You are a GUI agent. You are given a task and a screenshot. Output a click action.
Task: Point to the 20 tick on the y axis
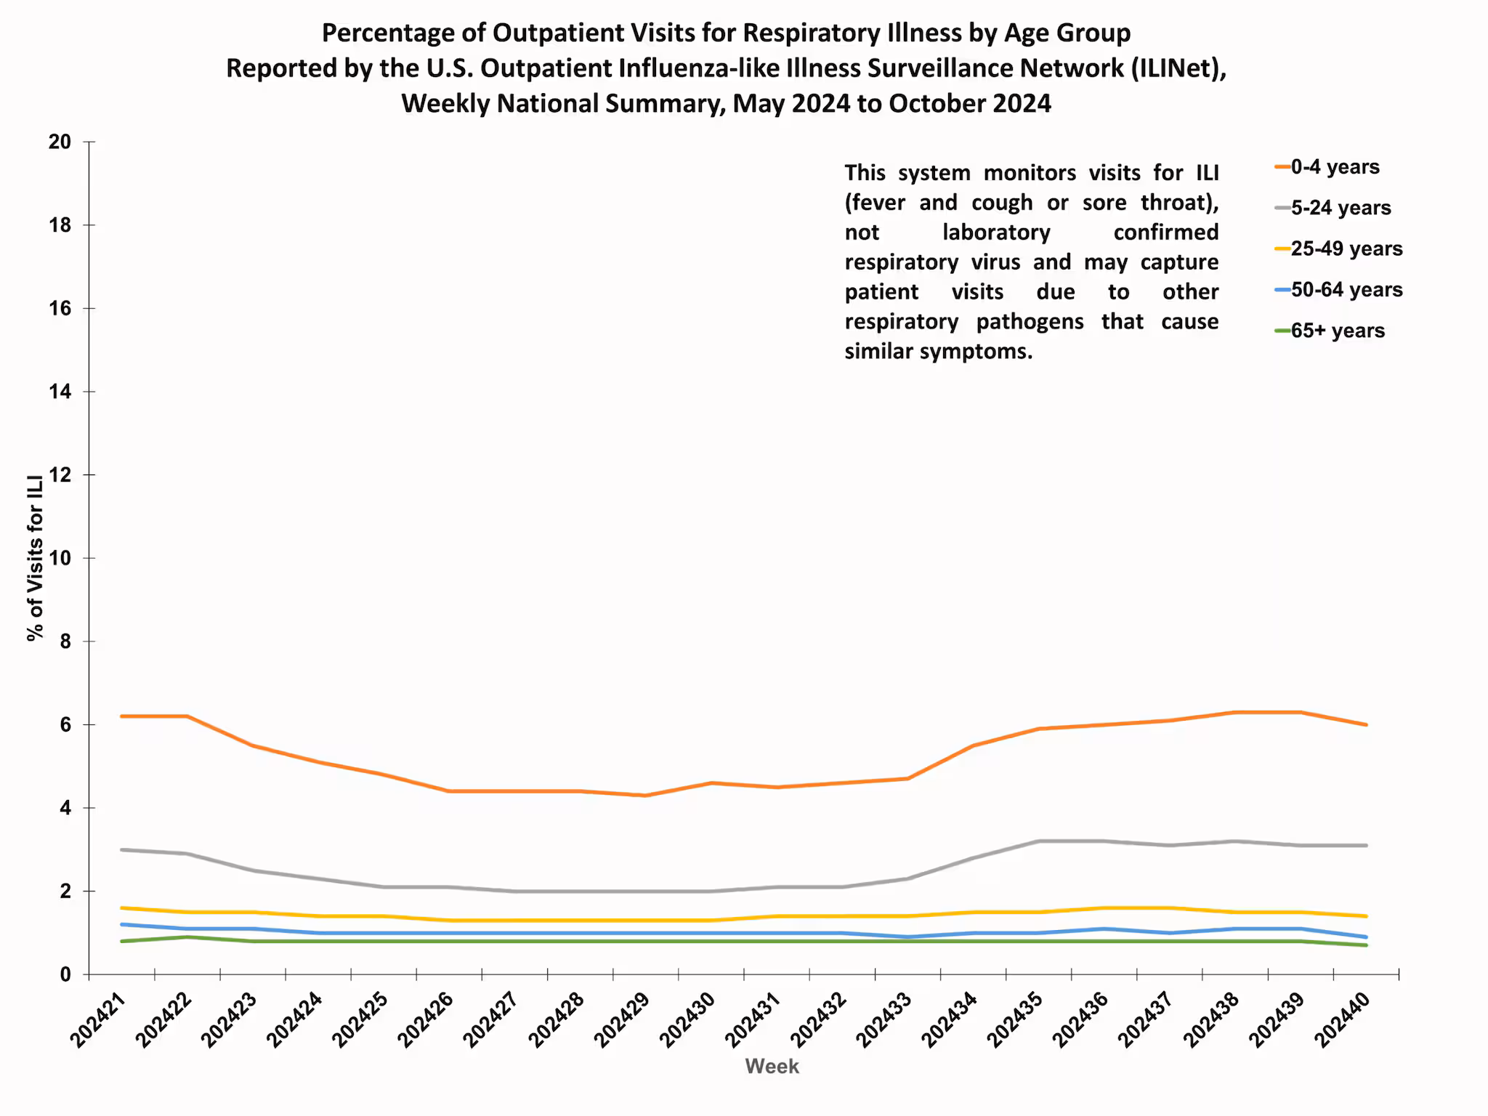60,142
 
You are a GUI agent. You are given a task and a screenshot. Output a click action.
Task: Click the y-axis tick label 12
60,475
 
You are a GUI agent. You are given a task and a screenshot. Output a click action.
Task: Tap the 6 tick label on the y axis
65,725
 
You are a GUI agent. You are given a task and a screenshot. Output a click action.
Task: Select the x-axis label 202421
99,1020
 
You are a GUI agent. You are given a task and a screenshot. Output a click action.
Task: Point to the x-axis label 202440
1343,1020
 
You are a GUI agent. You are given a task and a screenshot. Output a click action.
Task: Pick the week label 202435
1016,1020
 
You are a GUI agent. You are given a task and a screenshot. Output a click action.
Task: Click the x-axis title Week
772,1067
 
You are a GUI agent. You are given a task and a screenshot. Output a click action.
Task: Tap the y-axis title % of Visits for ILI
36,558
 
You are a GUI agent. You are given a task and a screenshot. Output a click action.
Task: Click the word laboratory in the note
996,232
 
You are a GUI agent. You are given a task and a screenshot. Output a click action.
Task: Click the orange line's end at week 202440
1366,724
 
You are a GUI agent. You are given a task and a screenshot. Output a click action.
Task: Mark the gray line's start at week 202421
121,849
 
